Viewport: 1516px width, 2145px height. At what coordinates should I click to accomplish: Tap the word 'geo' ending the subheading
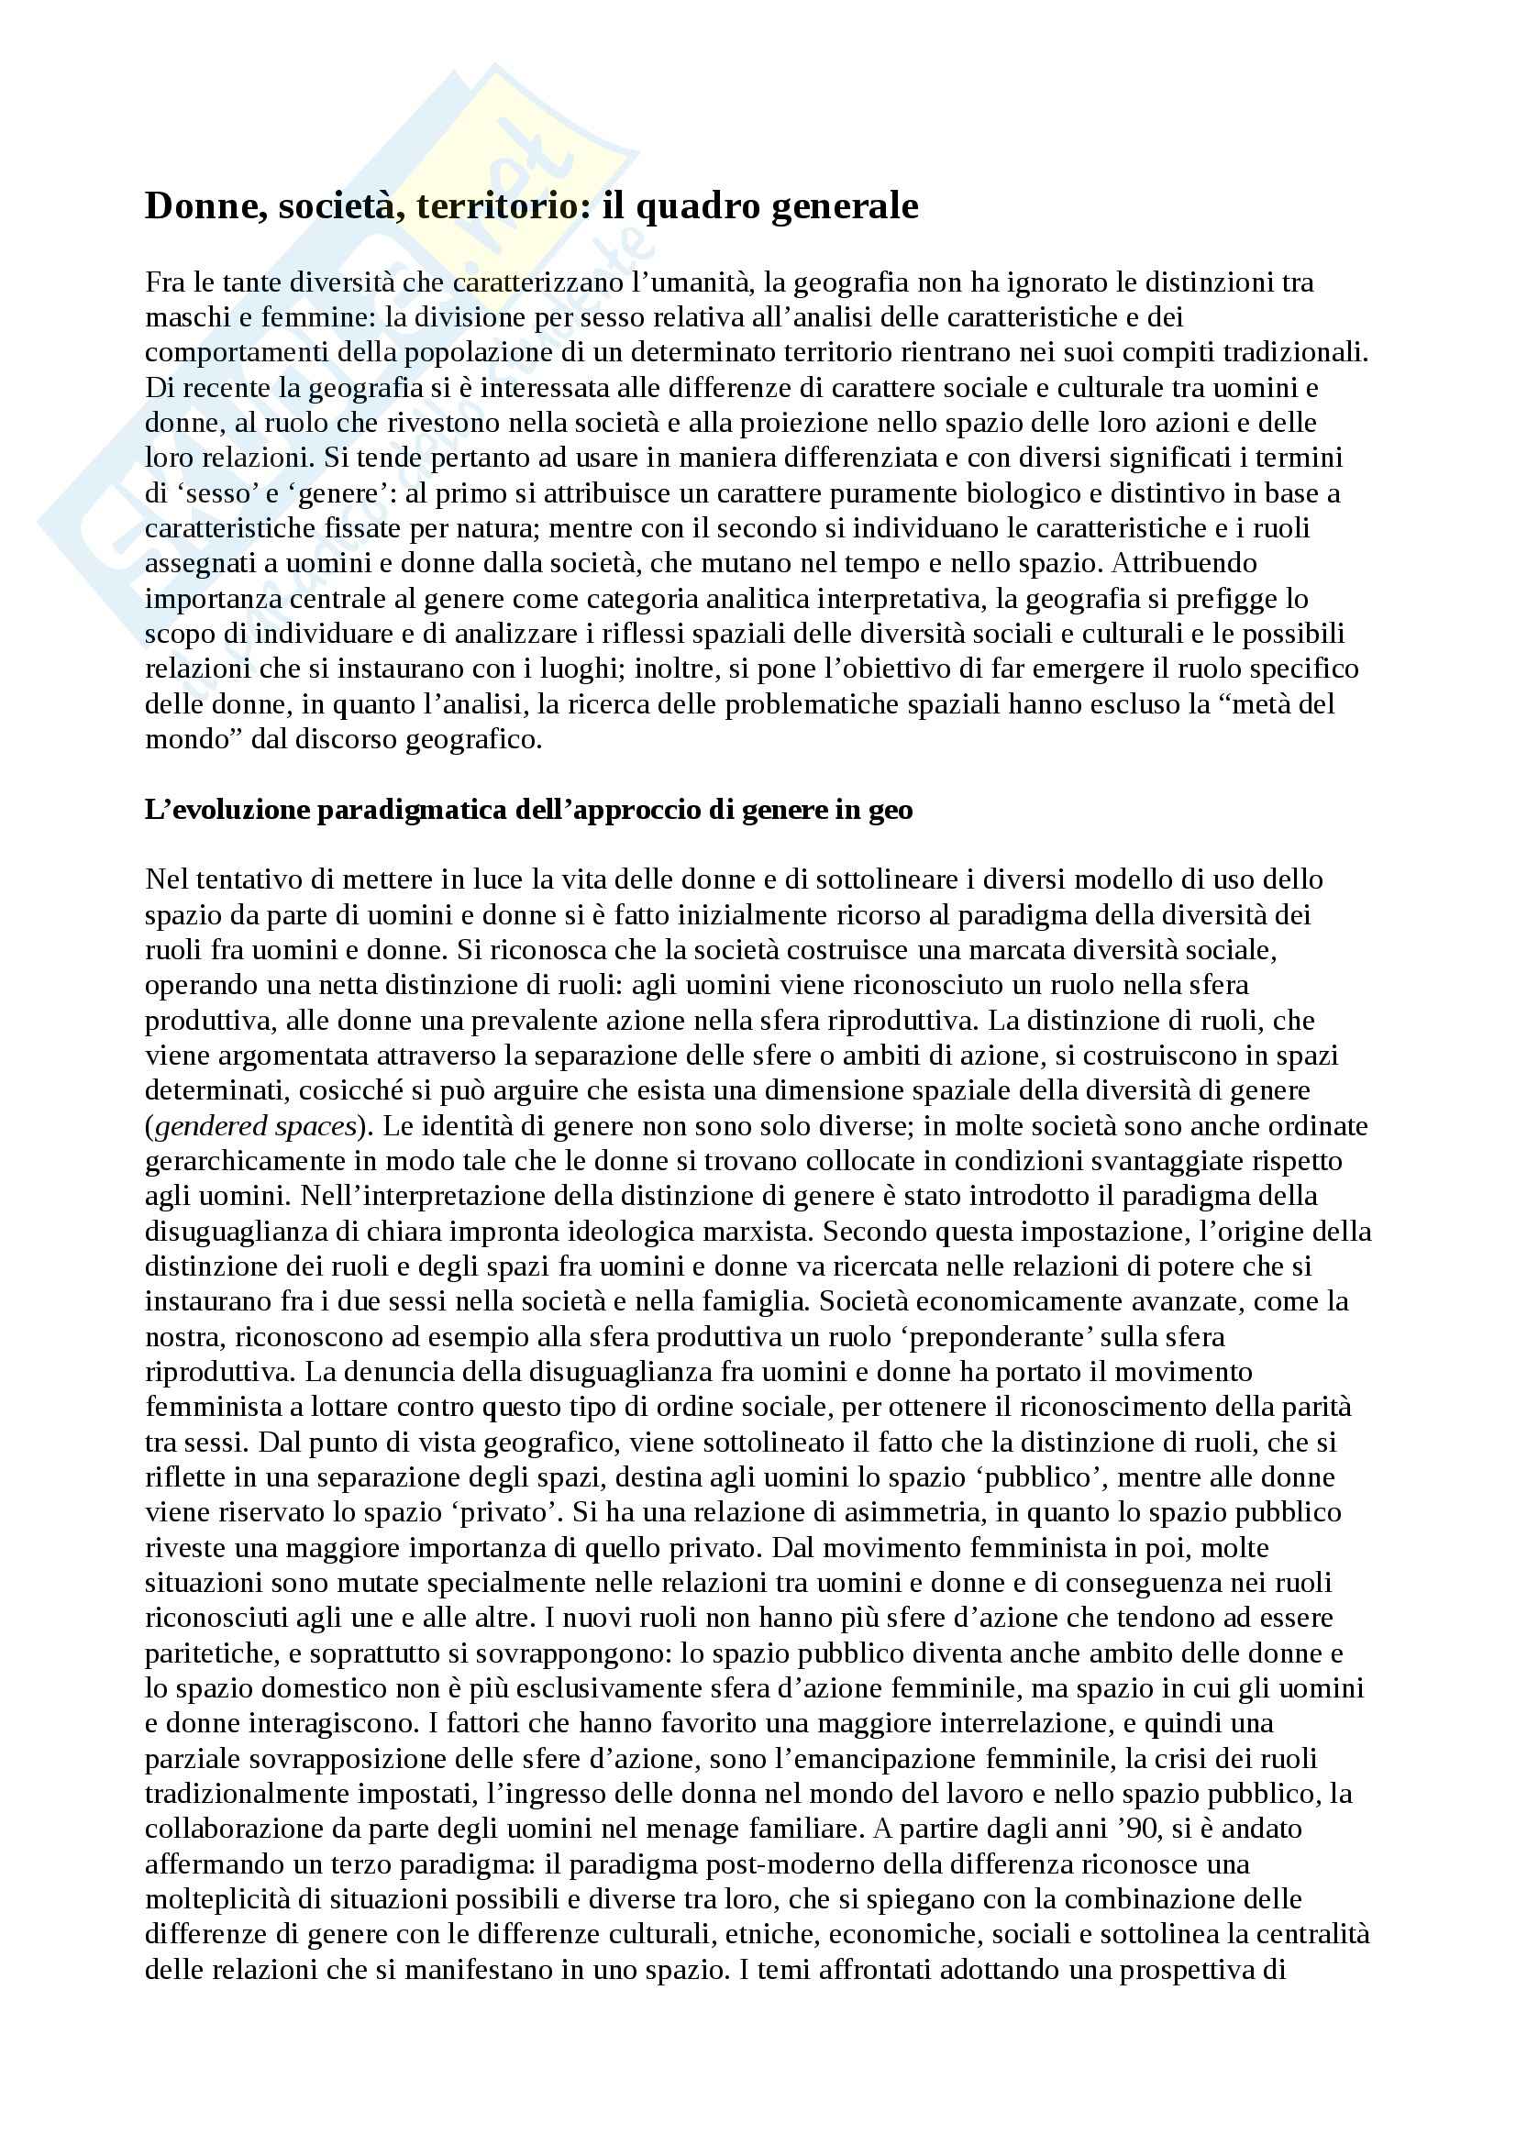coord(891,810)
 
